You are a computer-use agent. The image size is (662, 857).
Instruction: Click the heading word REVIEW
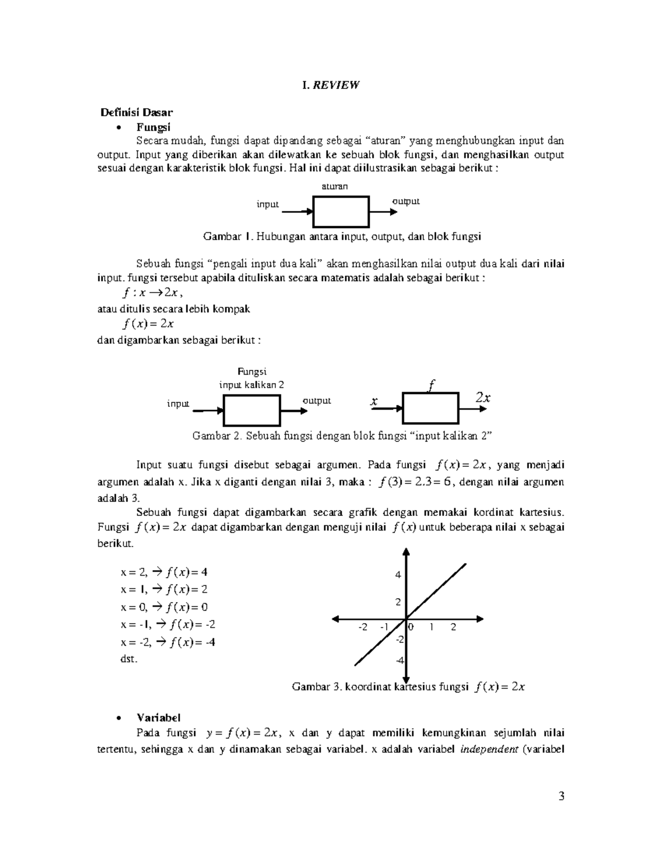[337, 85]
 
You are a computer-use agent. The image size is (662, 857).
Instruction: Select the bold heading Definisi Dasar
[136, 113]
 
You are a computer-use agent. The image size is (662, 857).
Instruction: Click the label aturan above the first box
[335, 187]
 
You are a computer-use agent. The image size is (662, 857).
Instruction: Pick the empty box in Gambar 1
[341, 211]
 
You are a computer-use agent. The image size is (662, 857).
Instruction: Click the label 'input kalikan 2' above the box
[252, 385]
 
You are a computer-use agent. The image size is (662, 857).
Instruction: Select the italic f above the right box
[431, 385]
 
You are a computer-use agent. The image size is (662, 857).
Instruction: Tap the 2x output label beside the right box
[483, 397]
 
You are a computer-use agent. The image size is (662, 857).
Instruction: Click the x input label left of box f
[374, 402]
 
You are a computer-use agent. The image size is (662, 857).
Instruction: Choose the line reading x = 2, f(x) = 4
[164, 572]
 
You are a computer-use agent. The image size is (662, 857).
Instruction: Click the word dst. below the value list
[129, 659]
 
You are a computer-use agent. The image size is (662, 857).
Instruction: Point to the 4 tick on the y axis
[398, 574]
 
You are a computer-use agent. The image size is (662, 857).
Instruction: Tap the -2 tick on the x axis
[362, 627]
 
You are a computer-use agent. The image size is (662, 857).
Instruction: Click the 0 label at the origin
[410, 627]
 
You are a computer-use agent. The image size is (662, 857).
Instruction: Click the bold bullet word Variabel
[158, 717]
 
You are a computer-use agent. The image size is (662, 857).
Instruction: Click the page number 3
[562, 796]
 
